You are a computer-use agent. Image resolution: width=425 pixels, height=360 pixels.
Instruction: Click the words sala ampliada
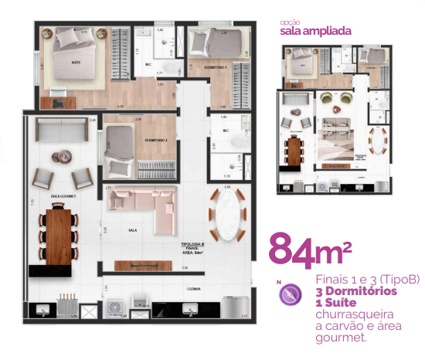pos(315,32)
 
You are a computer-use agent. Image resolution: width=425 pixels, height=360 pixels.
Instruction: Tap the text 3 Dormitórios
pos(356,291)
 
